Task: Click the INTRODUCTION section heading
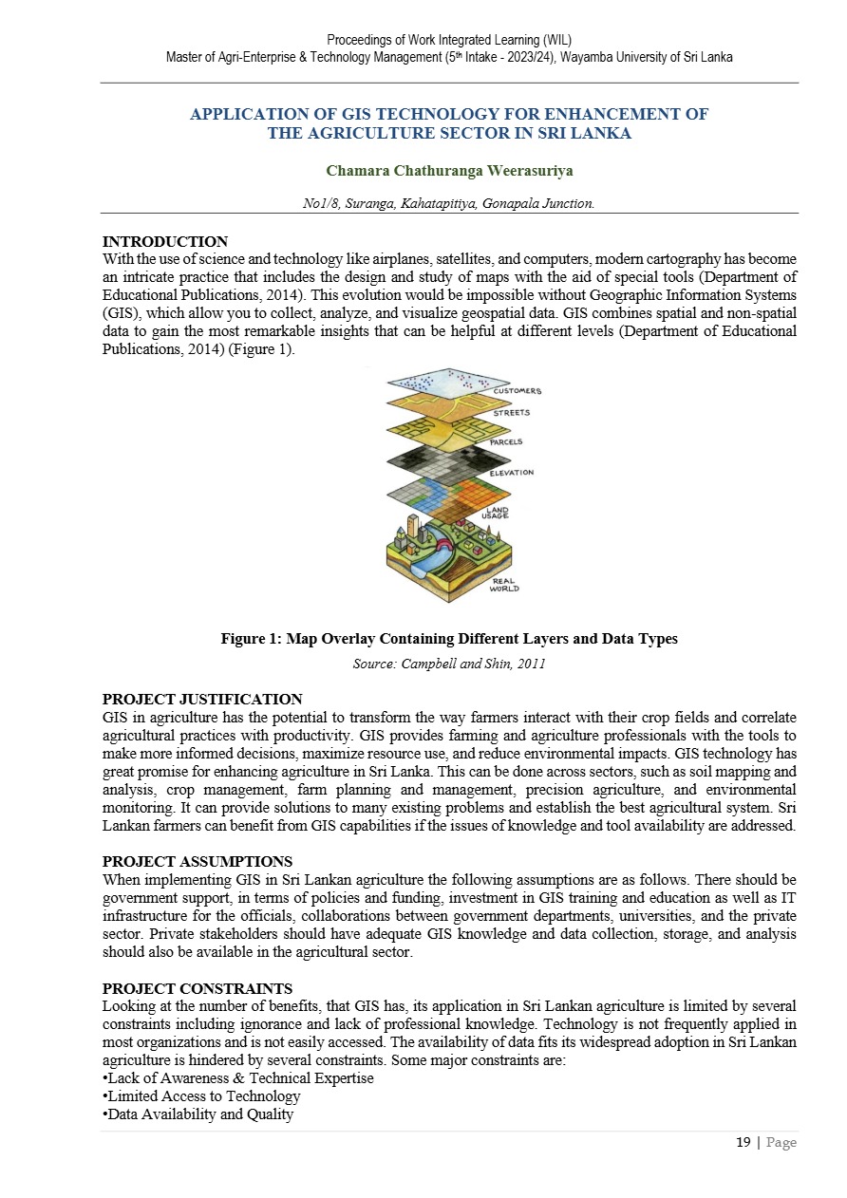tap(165, 242)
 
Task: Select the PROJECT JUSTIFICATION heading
tap(202, 700)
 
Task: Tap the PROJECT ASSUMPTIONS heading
tap(198, 862)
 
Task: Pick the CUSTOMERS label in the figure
tap(517, 391)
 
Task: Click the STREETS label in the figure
tap(512, 413)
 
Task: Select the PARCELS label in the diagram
tap(506, 442)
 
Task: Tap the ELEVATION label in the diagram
tap(512, 473)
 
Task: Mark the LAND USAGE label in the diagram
tap(498, 513)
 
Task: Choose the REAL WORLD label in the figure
tap(504, 585)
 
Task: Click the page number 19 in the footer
tap(743, 1143)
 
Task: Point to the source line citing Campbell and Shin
tap(449, 665)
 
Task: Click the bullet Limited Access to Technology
tap(201, 1096)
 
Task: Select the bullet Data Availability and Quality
tap(198, 1114)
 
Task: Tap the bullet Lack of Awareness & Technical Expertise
tap(237, 1078)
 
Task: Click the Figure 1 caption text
tap(449, 639)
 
